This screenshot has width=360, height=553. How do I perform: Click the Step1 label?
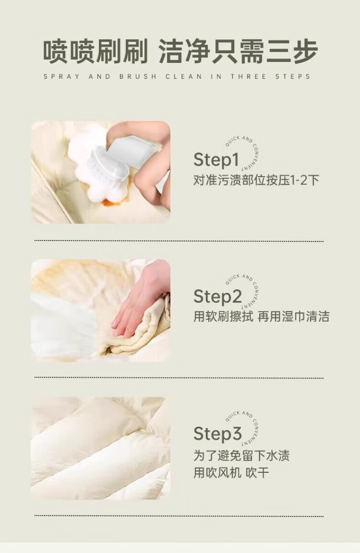(216, 159)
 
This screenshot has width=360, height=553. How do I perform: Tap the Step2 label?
(217, 296)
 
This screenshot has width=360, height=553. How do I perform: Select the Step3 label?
(217, 433)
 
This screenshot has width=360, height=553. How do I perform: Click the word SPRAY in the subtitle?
(62, 77)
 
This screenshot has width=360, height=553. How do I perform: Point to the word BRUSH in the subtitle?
(138, 77)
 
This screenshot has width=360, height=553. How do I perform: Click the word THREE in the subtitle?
(249, 77)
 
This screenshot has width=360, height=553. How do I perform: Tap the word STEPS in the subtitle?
(293, 77)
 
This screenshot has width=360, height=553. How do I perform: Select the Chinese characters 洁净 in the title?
(184, 52)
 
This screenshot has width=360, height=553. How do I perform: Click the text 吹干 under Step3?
(257, 473)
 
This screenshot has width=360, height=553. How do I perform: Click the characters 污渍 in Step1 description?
(229, 180)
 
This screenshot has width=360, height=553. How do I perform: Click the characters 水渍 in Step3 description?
(278, 456)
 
